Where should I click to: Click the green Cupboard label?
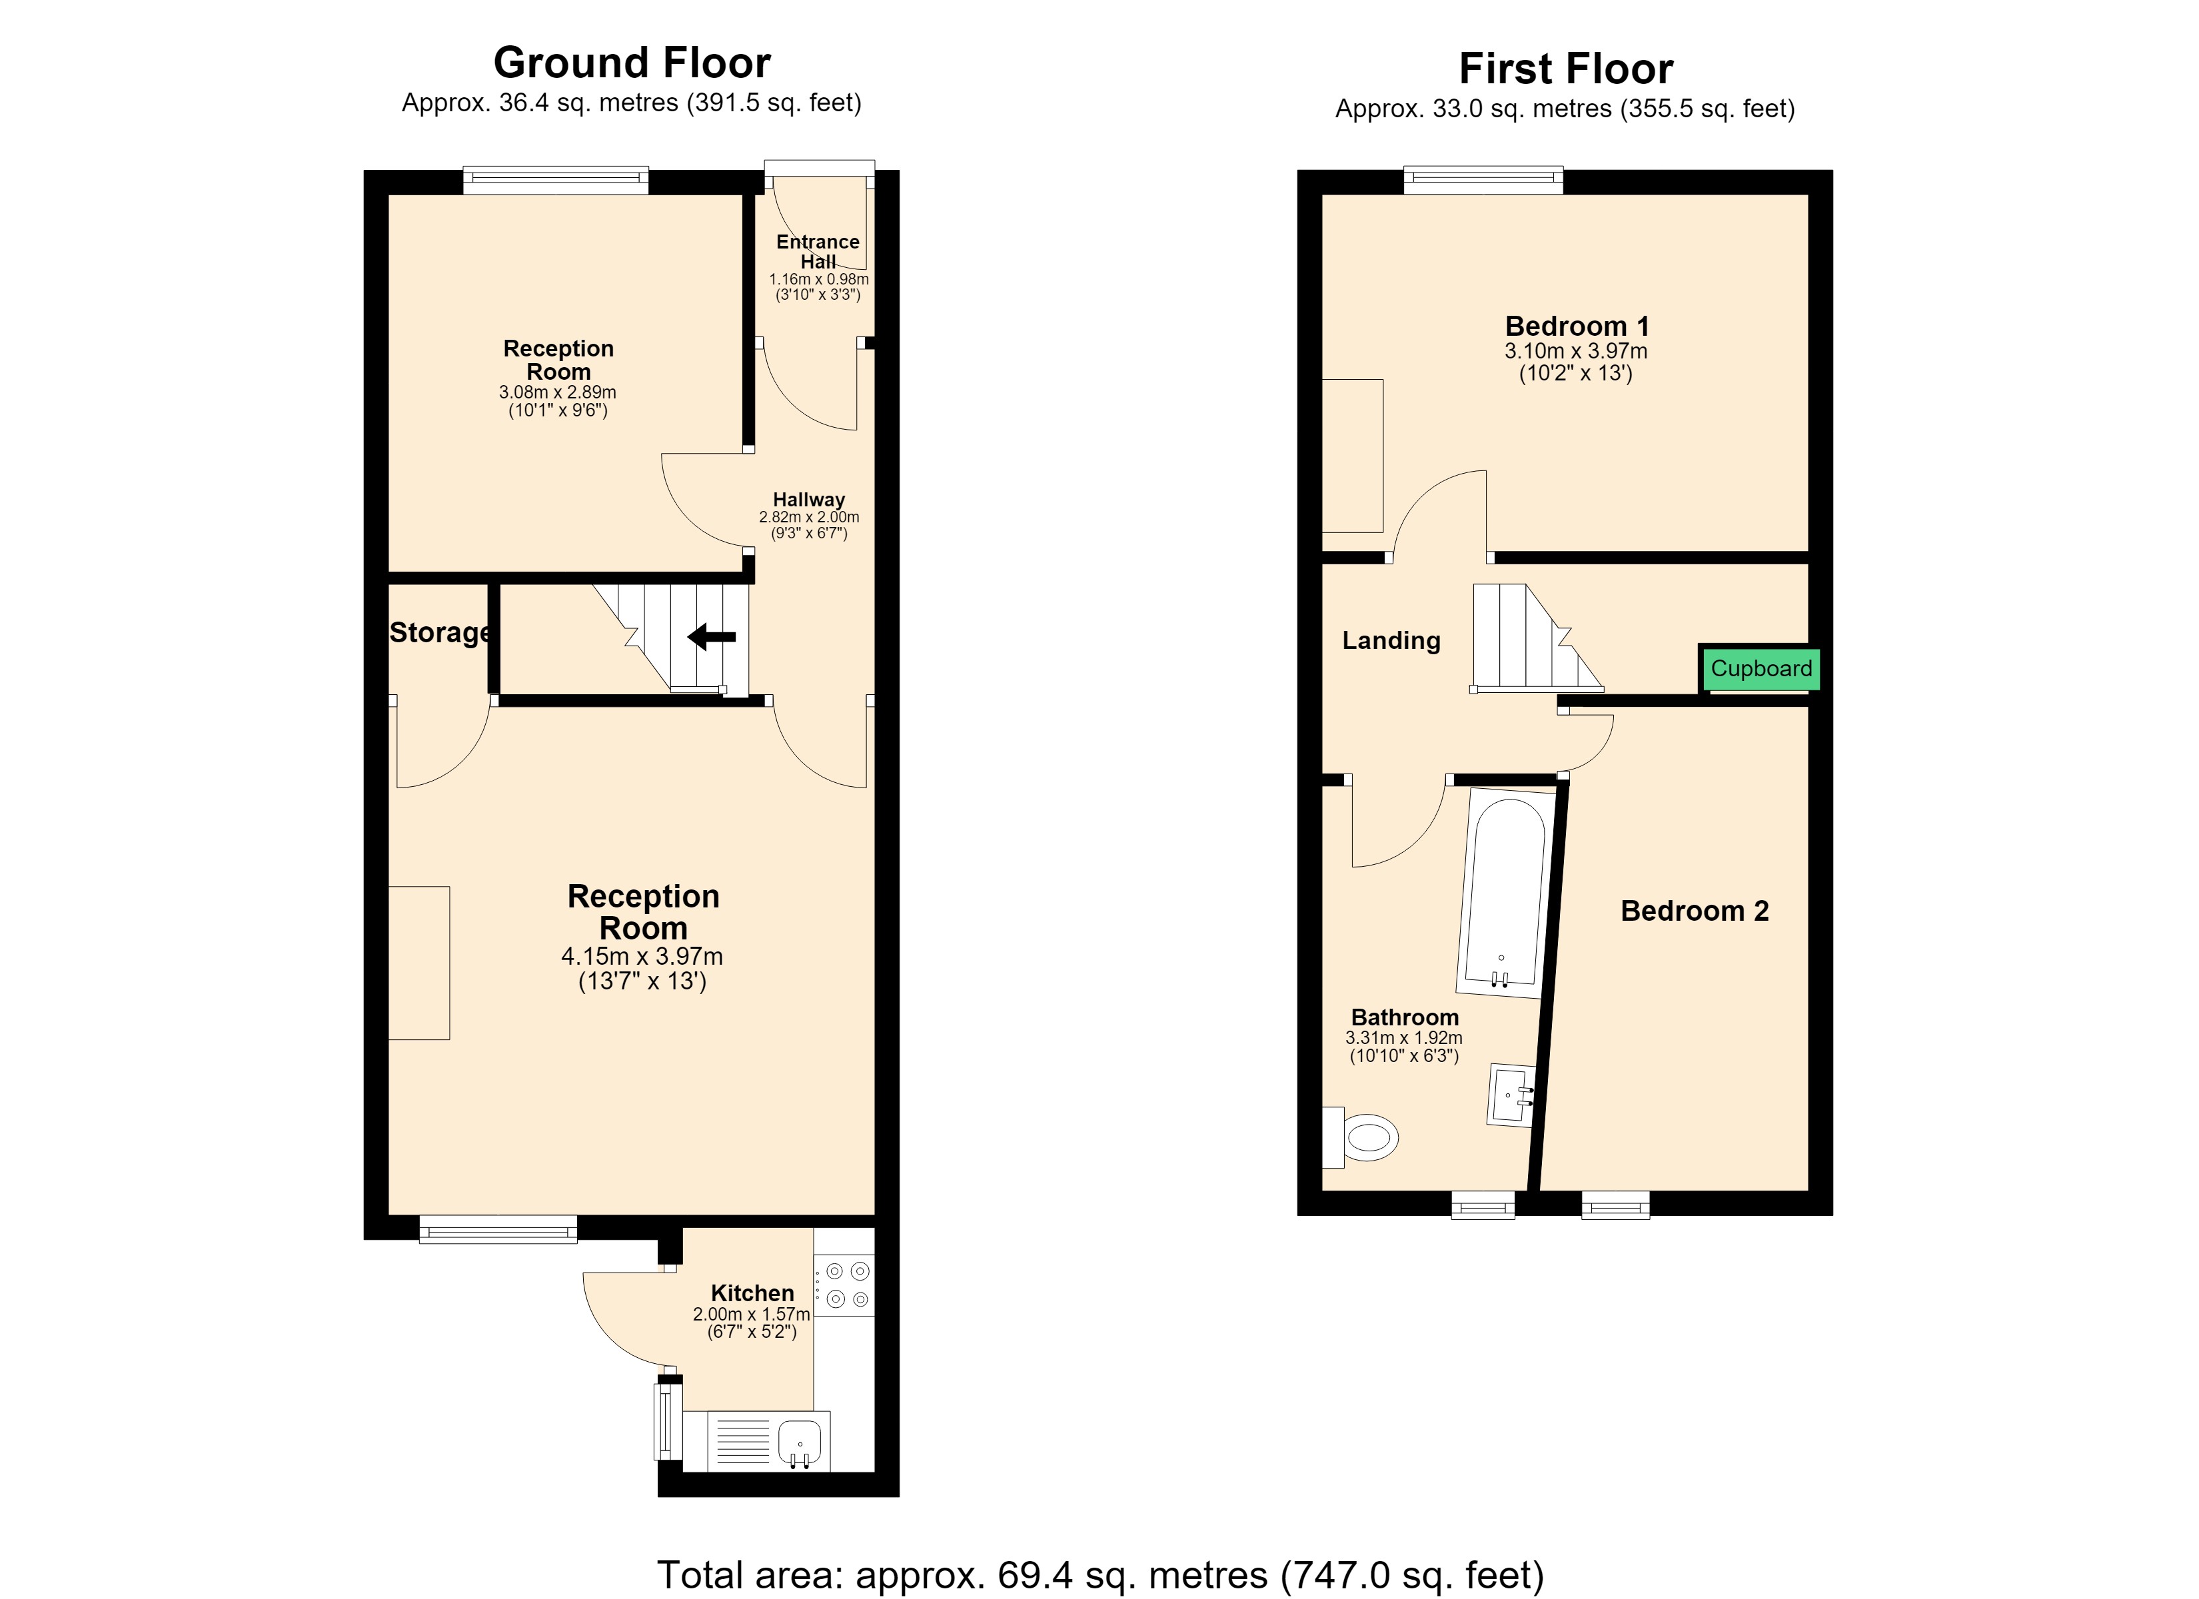(1761, 669)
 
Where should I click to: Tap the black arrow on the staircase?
(712, 637)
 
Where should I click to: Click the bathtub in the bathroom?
(1507, 893)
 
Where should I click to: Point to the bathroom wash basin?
(1511, 1095)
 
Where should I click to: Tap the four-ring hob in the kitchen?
(844, 1285)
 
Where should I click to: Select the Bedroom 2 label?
(1695, 911)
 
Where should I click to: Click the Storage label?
(441, 633)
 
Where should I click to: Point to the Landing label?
(1391, 640)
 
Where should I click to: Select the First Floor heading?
(1566, 69)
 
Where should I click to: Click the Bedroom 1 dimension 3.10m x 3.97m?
(1575, 351)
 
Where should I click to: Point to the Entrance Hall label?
(818, 251)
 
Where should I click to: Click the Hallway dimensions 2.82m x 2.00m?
(808, 518)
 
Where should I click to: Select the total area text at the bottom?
(1100, 1575)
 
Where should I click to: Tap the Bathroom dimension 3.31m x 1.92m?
(1404, 1037)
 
